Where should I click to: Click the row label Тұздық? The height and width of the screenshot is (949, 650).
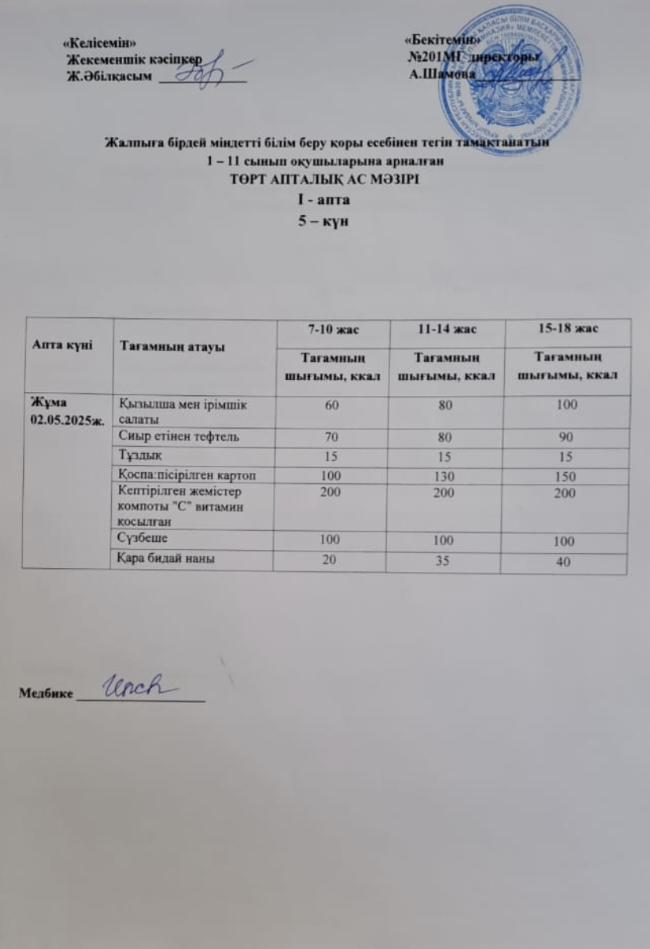(137, 456)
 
